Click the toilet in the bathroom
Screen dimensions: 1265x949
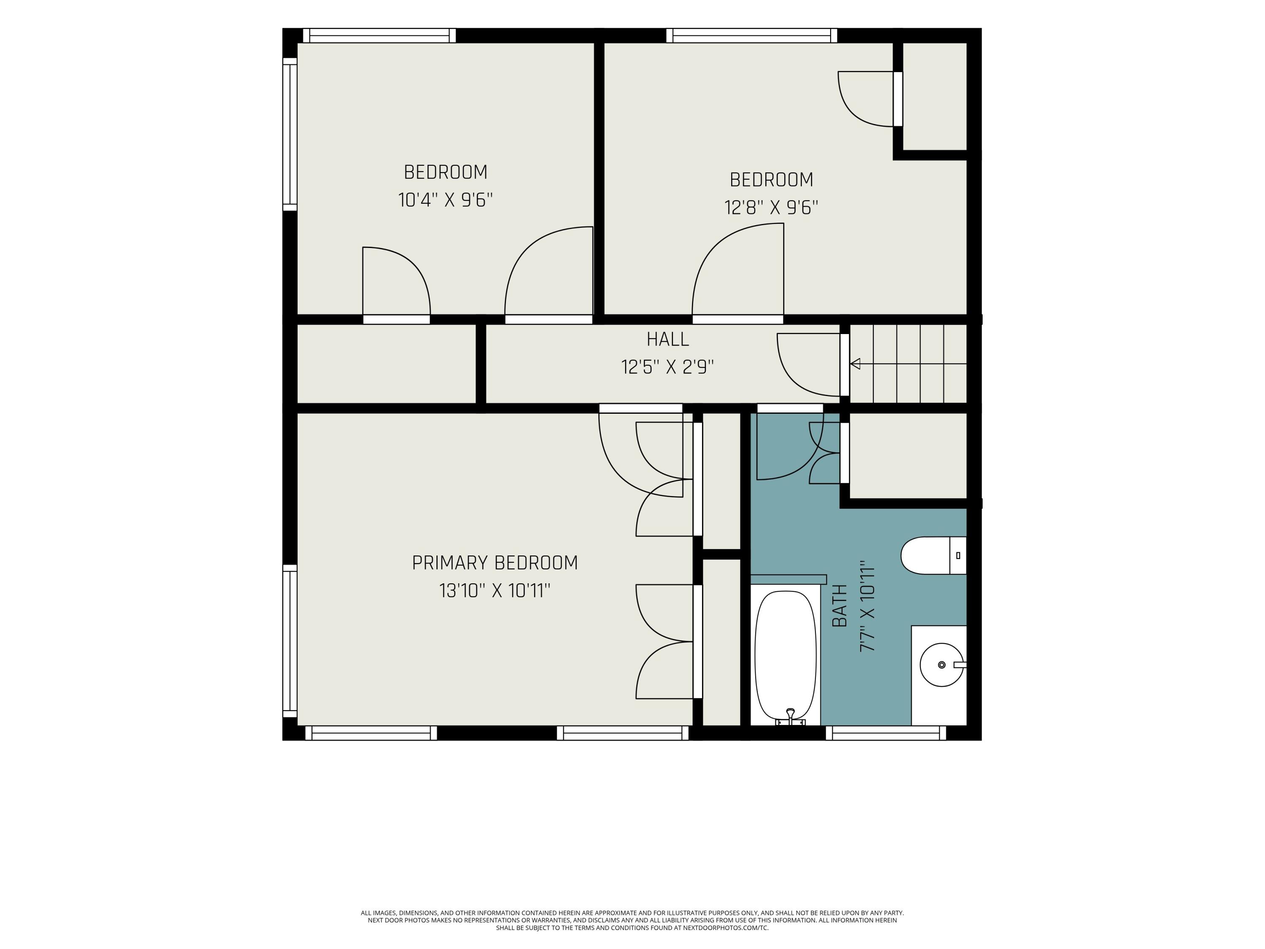tap(933, 555)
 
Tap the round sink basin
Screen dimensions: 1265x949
tap(941, 665)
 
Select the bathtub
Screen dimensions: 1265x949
tap(786, 658)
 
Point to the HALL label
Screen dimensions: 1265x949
tap(667, 340)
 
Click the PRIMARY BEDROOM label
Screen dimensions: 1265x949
tap(495, 563)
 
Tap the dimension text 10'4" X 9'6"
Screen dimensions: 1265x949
tap(446, 200)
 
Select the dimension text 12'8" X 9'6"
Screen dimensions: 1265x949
tap(772, 207)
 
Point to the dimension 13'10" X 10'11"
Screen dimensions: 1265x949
tap(495, 590)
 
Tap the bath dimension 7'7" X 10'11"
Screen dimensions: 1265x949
tap(867, 607)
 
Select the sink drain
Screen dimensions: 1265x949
tap(942, 665)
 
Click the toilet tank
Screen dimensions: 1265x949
tap(958, 555)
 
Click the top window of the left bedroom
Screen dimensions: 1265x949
tap(379, 35)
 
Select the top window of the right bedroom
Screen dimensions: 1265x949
tap(751, 35)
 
